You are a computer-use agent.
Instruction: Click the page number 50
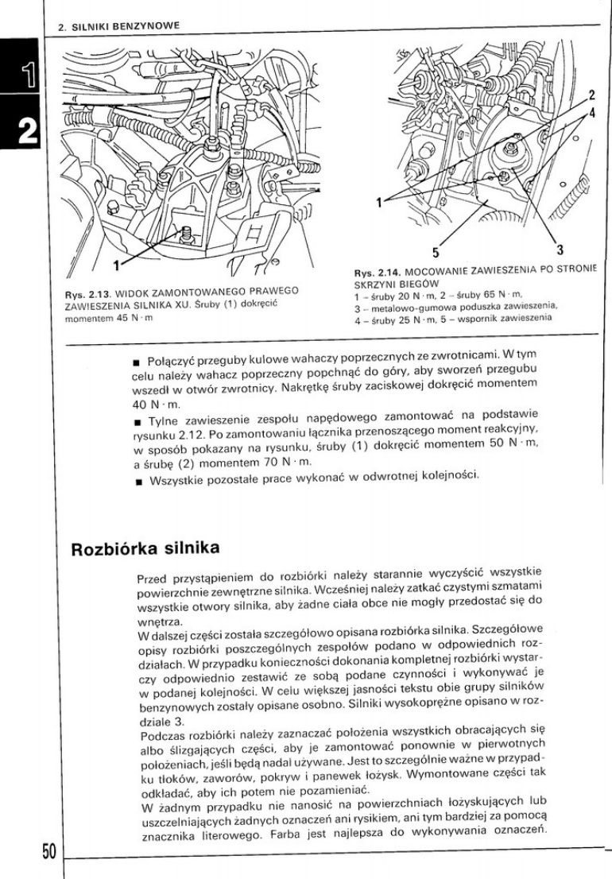tap(47, 851)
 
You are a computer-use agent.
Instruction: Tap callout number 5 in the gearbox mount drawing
tap(436, 253)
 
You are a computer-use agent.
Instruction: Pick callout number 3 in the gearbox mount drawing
tap(559, 252)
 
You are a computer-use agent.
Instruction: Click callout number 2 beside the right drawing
tap(591, 95)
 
